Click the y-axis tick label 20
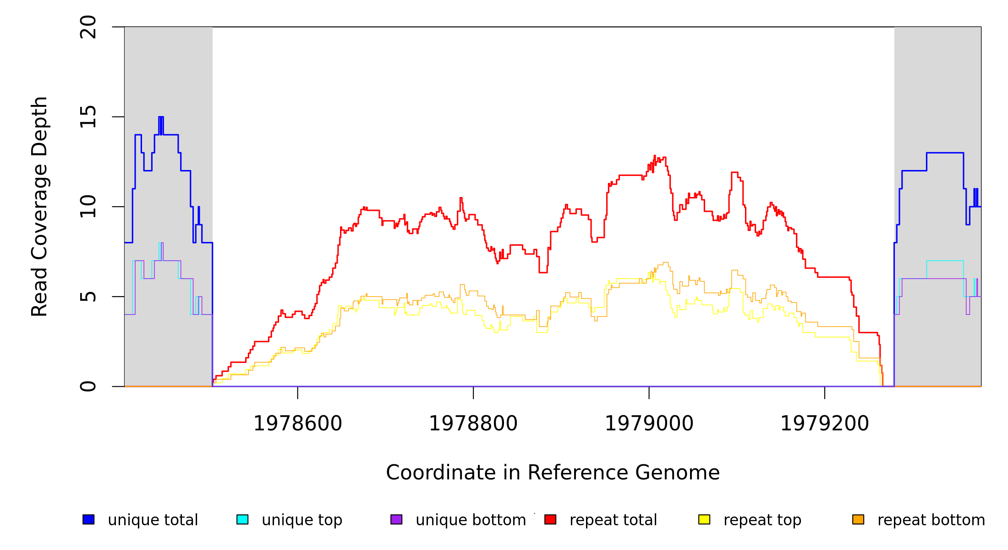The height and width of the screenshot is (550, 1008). pyautogui.click(x=88, y=27)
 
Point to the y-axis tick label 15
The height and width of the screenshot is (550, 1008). pyautogui.click(x=88, y=117)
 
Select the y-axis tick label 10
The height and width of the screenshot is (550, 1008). pyautogui.click(x=88, y=207)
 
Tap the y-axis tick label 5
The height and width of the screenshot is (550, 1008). pyautogui.click(x=88, y=297)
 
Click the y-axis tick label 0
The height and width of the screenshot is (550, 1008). pyautogui.click(x=88, y=386)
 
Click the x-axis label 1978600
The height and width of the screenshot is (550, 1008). pyautogui.click(x=298, y=423)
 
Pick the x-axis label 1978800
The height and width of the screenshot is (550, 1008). pyautogui.click(x=473, y=423)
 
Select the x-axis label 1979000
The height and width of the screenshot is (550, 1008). pyautogui.click(x=649, y=423)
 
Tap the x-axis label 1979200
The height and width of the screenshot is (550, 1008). pyautogui.click(x=825, y=423)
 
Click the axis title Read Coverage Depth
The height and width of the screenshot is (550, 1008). pyautogui.click(x=39, y=207)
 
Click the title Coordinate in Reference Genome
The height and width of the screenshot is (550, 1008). pyautogui.click(x=553, y=473)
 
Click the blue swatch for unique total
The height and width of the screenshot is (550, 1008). pyautogui.click(x=88, y=519)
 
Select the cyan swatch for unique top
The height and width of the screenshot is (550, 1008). pyautogui.click(x=242, y=519)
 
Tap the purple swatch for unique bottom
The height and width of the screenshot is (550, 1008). pyautogui.click(x=396, y=519)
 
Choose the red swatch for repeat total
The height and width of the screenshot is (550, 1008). pyautogui.click(x=550, y=519)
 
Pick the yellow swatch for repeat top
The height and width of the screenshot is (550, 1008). pyautogui.click(x=704, y=519)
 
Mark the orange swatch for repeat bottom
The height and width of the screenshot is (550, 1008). pyautogui.click(x=858, y=519)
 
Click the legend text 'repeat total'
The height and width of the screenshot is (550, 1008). pyautogui.click(x=613, y=520)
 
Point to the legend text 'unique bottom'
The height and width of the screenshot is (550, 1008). pyautogui.click(x=471, y=520)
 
